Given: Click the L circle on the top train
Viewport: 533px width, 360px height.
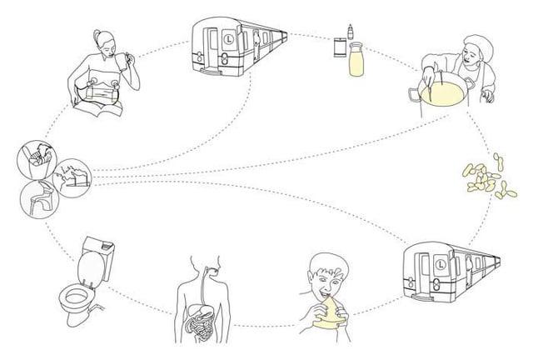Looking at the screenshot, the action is (x=229, y=39).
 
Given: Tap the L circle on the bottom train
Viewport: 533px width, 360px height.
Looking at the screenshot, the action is (x=441, y=264).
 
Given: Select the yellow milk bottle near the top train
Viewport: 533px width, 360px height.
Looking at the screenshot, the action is (x=356, y=58).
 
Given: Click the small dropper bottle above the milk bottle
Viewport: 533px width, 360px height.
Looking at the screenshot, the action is (x=351, y=32).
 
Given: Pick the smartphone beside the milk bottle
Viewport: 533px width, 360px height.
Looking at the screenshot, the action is (x=340, y=47).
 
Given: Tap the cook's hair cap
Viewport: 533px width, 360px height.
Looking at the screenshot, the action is (x=480, y=44).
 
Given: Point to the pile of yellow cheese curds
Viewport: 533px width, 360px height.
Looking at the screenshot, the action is (x=489, y=177).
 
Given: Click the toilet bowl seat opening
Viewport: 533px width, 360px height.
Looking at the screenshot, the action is (x=77, y=297).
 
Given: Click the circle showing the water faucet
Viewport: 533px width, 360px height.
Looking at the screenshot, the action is (x=39, y=199).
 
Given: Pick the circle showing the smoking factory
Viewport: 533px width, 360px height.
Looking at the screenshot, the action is (x=72, y=177).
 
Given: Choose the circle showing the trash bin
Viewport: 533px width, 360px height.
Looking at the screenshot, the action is (x=37, y=160).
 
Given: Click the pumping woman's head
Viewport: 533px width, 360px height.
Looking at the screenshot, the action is (x=105, y=42).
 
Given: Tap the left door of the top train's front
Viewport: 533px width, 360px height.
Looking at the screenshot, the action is (x=213, y=44).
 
